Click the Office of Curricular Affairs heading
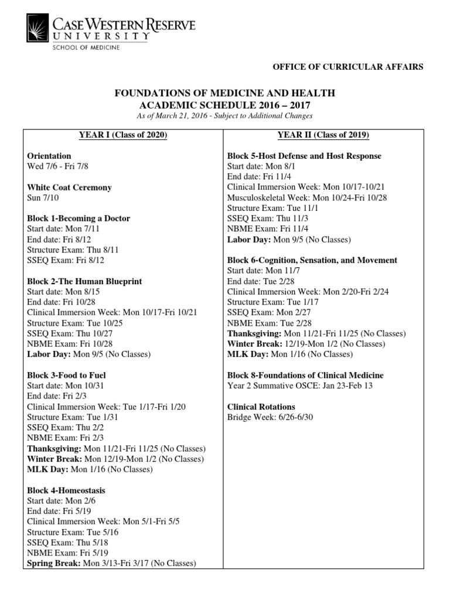click(x=348, y=67)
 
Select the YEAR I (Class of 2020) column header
click(x=123, y=135)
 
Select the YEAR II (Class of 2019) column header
click(x=323, y=135)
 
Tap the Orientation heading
click(x=49, y=156)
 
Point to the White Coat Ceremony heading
click(x=69, y=187)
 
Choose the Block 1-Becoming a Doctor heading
click(x=79, y=219)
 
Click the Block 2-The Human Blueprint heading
click(x=84, y=281)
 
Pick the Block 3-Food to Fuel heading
click(x=66, y=375)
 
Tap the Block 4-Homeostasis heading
click(x=66, y=490)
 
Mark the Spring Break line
click(x=111, y=563)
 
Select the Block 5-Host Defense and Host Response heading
click(x=304, y=156)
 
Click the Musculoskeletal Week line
click(x=307, y=197)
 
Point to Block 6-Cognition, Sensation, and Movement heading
click(x=312, y=260)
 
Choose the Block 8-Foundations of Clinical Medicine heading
click(x=305, y=375)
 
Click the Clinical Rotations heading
click(x=261, y=407)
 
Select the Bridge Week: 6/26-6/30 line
click(x=266, y=417)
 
